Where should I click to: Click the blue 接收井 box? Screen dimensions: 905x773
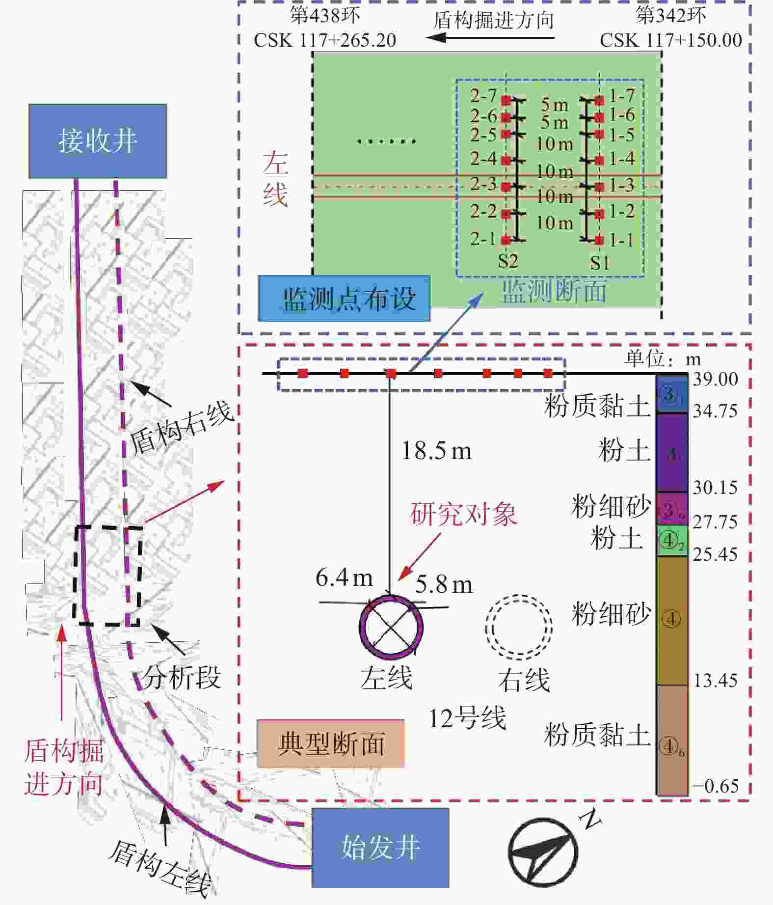(x=97, y=141)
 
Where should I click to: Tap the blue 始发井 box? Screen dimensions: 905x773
(x=380, y=848)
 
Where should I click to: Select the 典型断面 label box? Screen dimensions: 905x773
(x=330, y=743)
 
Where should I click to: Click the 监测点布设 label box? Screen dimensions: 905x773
(x=344, y=299)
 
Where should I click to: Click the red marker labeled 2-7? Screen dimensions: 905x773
(x=506, y=100)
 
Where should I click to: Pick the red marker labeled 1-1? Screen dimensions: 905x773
(x=599, y=240)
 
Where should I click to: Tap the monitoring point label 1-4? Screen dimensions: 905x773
(x=622, y=159)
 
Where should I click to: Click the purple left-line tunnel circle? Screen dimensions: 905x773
(x=391, y=627)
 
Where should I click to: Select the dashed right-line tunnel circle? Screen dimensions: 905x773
(x=519, y=627)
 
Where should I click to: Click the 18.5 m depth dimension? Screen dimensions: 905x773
(x=436, y=451)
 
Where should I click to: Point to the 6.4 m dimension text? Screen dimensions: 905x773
(x=344, y=577)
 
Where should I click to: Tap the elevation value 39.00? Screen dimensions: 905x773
(x=715, y=379)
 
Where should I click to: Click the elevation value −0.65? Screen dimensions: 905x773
(x=715, y=786)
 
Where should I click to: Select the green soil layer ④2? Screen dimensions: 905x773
(x=672, y=541)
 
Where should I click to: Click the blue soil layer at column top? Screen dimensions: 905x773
(x=672, y=394)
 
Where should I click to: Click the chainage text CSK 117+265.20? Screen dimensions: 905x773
(x=325, y=40)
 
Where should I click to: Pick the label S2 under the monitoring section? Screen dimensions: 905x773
(x=508, y=261)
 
